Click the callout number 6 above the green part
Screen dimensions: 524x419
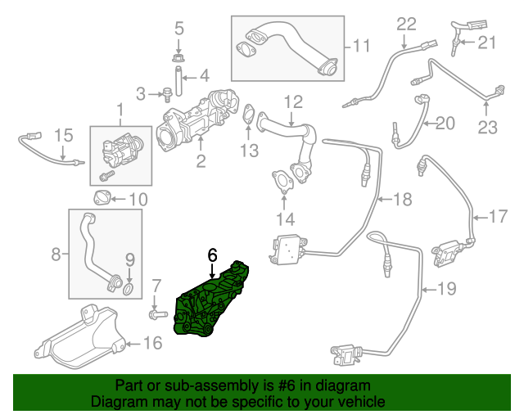[x=212, y=255]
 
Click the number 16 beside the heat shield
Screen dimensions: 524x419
[x=153, y=343]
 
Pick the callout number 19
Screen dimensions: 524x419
[x=445, y=287]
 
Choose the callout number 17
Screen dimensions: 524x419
[x=499, y=217]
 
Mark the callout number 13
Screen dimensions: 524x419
[x=249, y=150]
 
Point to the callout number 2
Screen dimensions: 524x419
[x=201, y=161]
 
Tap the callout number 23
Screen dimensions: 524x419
[x=488, y=127]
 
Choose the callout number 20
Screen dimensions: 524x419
[x=444, y=124]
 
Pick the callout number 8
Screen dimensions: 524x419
[x=56, y=255]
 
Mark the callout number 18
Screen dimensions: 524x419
[x=402, y=199]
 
